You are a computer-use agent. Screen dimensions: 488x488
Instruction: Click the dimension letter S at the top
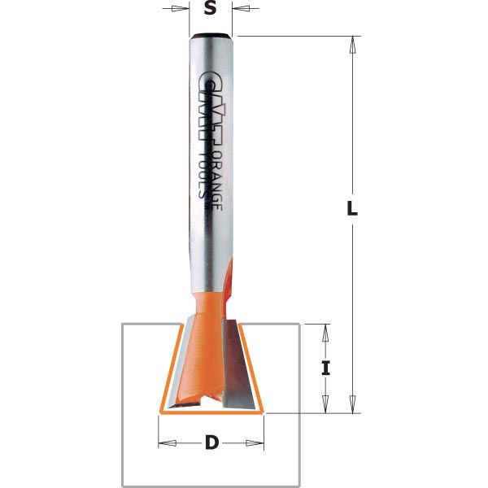pyautogui.click(x=211, y=10)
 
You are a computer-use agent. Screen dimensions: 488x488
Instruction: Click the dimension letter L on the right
pyautogui.click(x=352, y=208)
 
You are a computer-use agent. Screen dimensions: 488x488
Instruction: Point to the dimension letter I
pyautogui.click(x=326, y=368)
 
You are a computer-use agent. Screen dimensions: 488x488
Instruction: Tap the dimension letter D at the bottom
pyautogui.click(x=211, y=443)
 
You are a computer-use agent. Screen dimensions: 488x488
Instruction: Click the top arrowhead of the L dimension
pyautogui.click(x=352, y=44)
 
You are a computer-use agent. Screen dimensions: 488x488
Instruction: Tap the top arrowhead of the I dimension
pyautogui.click(x=326, y=331)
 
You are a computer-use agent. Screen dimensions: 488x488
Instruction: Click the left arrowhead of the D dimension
pyautogui.click(x=165, y=443)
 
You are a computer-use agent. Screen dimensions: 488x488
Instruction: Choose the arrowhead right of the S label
pyautogui.click(x=239, y=10)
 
